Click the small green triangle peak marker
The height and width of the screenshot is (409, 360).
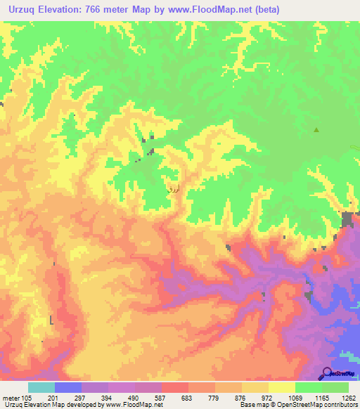(x=316, y=129)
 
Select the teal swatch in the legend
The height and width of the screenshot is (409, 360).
(x=41, y=387)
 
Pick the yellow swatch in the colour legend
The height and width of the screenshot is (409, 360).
(x=281, y=387)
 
